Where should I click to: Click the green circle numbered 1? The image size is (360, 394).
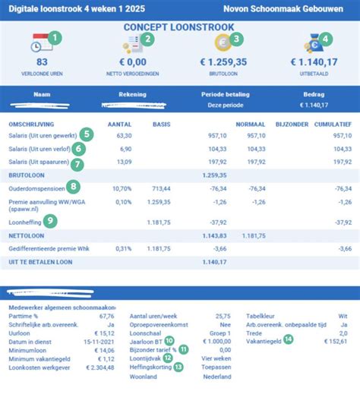click(x=55, y=36)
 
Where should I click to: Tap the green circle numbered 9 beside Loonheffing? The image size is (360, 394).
click(x=50, y=221)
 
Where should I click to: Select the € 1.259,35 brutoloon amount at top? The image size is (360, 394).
click(x=223, y=62)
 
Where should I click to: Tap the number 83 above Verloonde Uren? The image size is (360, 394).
click(x=42, y=62)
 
